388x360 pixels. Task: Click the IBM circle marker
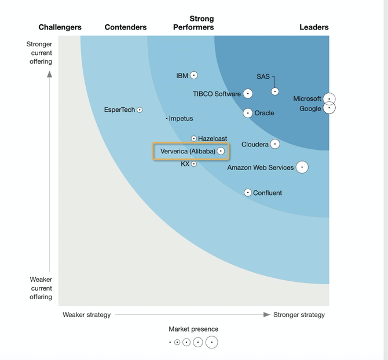tap(194, 75)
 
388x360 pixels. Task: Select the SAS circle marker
tap(275, 91)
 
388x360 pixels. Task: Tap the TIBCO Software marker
tap(248, 94)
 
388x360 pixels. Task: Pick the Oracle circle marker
tap(248, 113)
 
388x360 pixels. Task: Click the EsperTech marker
tap(140, 110)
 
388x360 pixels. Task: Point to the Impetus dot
tap(167, 119)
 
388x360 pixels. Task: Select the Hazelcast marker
tap(194, 139)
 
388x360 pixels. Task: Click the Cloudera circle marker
tap(275, 144)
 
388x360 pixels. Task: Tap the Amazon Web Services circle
tap(302, 167)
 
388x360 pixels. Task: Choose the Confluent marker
tap(248, 193)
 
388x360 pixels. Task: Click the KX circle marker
tap(194, 164)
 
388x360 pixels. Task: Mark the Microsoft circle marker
tap(330, 99)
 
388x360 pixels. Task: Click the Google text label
tap(310, 109)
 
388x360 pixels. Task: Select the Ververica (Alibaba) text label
tap(188, 152)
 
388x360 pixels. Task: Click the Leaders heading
tap(314, 27)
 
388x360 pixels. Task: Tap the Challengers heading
tap(60, 27)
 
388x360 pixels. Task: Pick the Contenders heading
tap(126, 27)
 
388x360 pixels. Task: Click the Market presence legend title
tap(193, 329)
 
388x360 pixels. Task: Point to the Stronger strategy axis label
tap(299, 315)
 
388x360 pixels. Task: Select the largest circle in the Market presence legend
tap(212, 342)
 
